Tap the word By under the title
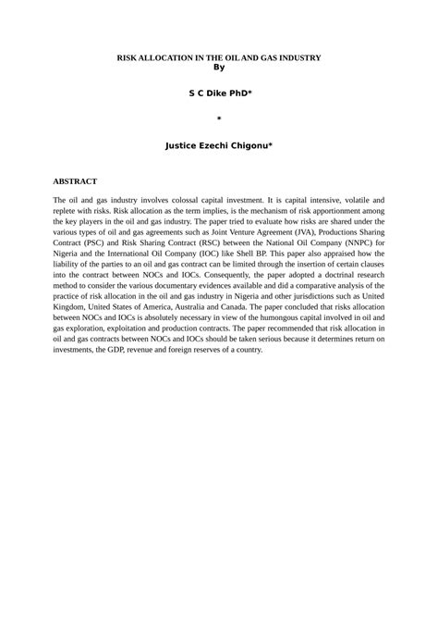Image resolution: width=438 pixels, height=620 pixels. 218,66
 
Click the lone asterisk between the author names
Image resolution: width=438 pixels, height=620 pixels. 218,119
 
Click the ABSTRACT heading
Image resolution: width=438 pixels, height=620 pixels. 75,181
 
